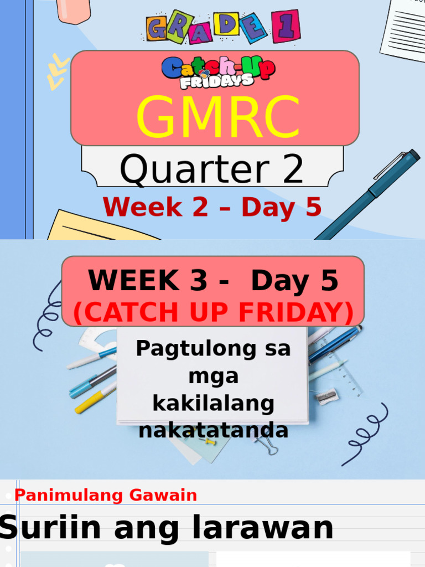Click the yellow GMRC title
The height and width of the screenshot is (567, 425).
(218, 117)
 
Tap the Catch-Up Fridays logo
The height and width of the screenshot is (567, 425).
(218, 73)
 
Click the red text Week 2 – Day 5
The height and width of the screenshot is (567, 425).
(212, 207)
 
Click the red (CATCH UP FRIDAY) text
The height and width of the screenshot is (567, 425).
(214, 313)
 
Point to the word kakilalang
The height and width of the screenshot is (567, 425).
(213, 403)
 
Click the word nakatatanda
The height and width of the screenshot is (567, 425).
(214, 430)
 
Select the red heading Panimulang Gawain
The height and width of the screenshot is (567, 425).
(106, 495)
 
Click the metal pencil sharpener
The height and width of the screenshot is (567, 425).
(326, 395)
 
